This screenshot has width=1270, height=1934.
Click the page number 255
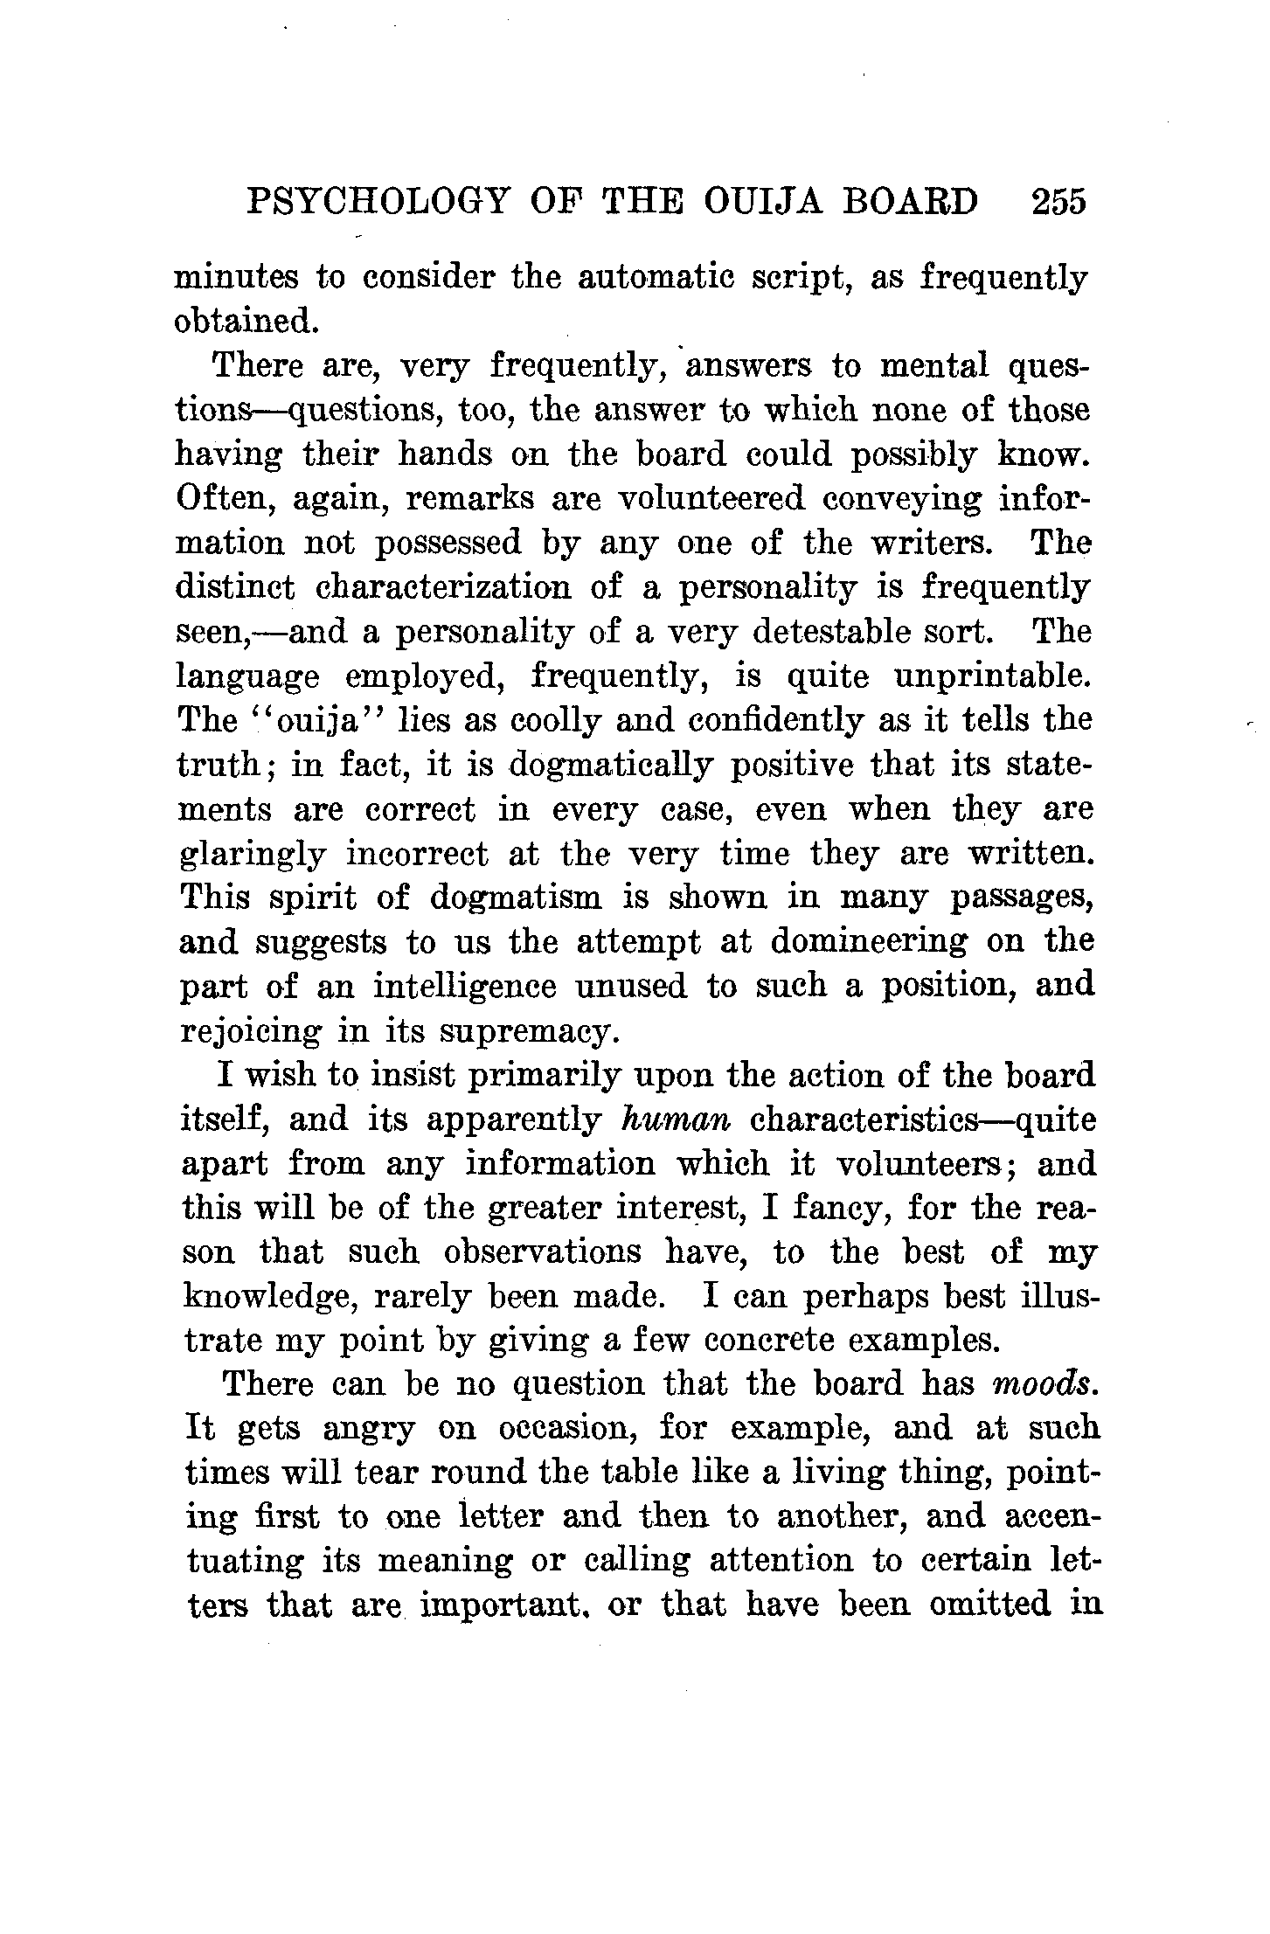tap(1058, 202)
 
